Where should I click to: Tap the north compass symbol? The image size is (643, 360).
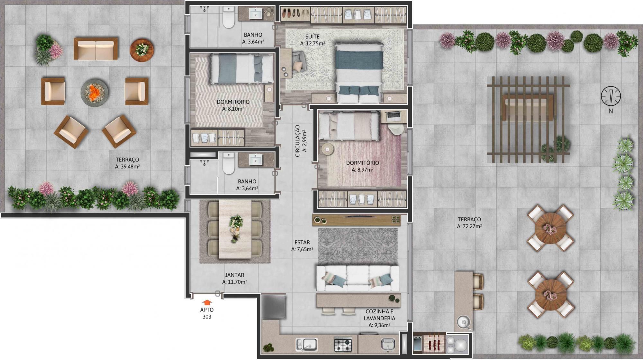click(x=611, y=96)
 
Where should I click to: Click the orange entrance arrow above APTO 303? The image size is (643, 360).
click(x=207, y=302)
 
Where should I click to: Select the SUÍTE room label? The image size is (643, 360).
click(x=312, y=36)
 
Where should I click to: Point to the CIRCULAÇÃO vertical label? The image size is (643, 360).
click(x=298, y=141)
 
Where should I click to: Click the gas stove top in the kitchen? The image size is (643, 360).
click(x=343, y=344)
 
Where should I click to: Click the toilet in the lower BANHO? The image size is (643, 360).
click(x=229, y=163)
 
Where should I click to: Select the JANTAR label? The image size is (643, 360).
click(x=234, y=275)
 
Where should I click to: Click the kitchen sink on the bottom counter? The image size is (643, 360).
click(x=306, y=345)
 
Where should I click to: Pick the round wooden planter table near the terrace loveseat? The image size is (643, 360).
click(x=142, y=50)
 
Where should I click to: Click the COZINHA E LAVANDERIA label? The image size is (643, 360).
click(x=379, y=315)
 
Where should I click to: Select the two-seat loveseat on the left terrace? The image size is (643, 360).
click(x=96, y=49)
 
